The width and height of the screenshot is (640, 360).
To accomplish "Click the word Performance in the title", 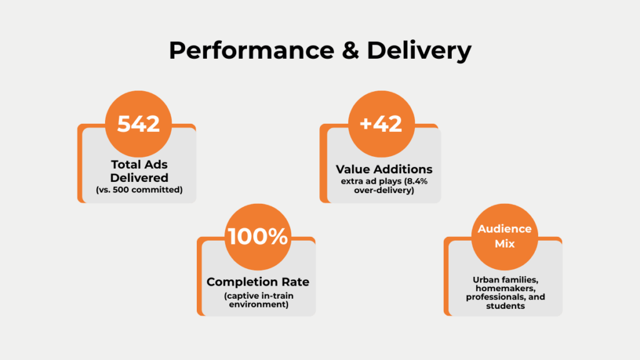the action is click(x=251, y=51).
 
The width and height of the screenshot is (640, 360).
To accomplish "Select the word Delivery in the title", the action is click(x=419, y=51).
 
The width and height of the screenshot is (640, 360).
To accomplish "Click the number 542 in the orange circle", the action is click(x=138, y=124).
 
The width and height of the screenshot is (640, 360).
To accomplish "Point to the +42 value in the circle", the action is click(x=381, y=124).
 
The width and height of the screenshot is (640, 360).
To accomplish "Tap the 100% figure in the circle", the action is click(x=258, y=237).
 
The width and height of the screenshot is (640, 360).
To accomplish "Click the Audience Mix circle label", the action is click(x=504, y=236).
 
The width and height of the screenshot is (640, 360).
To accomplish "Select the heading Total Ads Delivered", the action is click(x=139, y=171).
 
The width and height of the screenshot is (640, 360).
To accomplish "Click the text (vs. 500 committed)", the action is click(x=139, y=190).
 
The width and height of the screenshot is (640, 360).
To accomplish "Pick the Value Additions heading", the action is click(x=384, y=169).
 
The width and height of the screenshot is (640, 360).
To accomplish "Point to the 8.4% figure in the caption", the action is click(x=417, y=181).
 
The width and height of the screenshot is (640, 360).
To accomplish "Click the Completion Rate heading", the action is click(x=258, y=282).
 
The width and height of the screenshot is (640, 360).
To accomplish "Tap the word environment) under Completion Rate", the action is click(x=259, y=305).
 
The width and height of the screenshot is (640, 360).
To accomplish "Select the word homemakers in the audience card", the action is click(x=505, y=289).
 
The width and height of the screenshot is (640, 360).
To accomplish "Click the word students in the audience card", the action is click(x=505, y=306).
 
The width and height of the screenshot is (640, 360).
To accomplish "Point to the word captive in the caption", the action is click(x=240, y=296).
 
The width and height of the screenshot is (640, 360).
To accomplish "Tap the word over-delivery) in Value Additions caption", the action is click(x=384, y=190).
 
